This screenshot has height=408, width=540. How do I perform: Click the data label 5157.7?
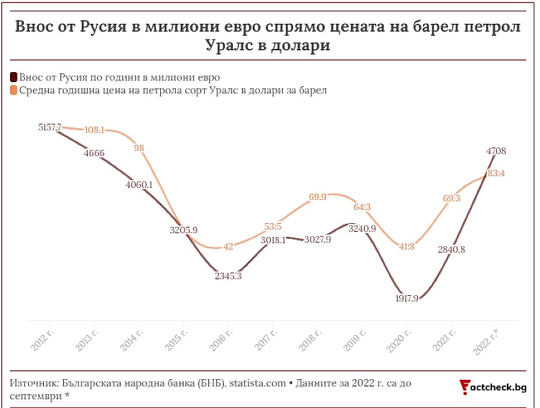(50, 127)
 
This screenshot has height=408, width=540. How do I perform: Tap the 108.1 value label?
(94, 130)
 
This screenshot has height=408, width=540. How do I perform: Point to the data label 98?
(139, 148)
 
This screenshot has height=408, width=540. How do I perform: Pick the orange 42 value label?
(228, 246)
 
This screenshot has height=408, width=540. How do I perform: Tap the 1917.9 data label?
(407, 298)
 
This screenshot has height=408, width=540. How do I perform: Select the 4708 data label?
(496, 150)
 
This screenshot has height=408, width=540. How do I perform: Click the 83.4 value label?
(496, 173)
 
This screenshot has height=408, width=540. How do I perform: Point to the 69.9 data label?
(318, 197)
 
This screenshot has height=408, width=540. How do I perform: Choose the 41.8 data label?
(407, 246)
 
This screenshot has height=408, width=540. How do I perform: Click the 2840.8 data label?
(451, 249)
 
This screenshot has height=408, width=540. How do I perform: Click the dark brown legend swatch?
(13, 77)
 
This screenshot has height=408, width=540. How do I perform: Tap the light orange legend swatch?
(13, 90)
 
